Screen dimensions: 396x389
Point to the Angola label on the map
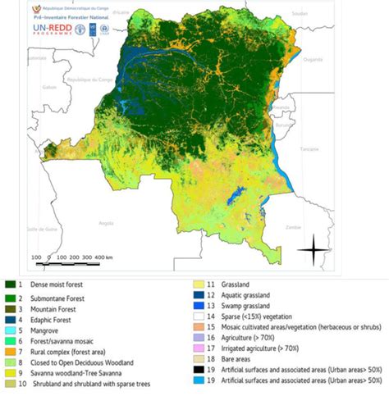(106, 222)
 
